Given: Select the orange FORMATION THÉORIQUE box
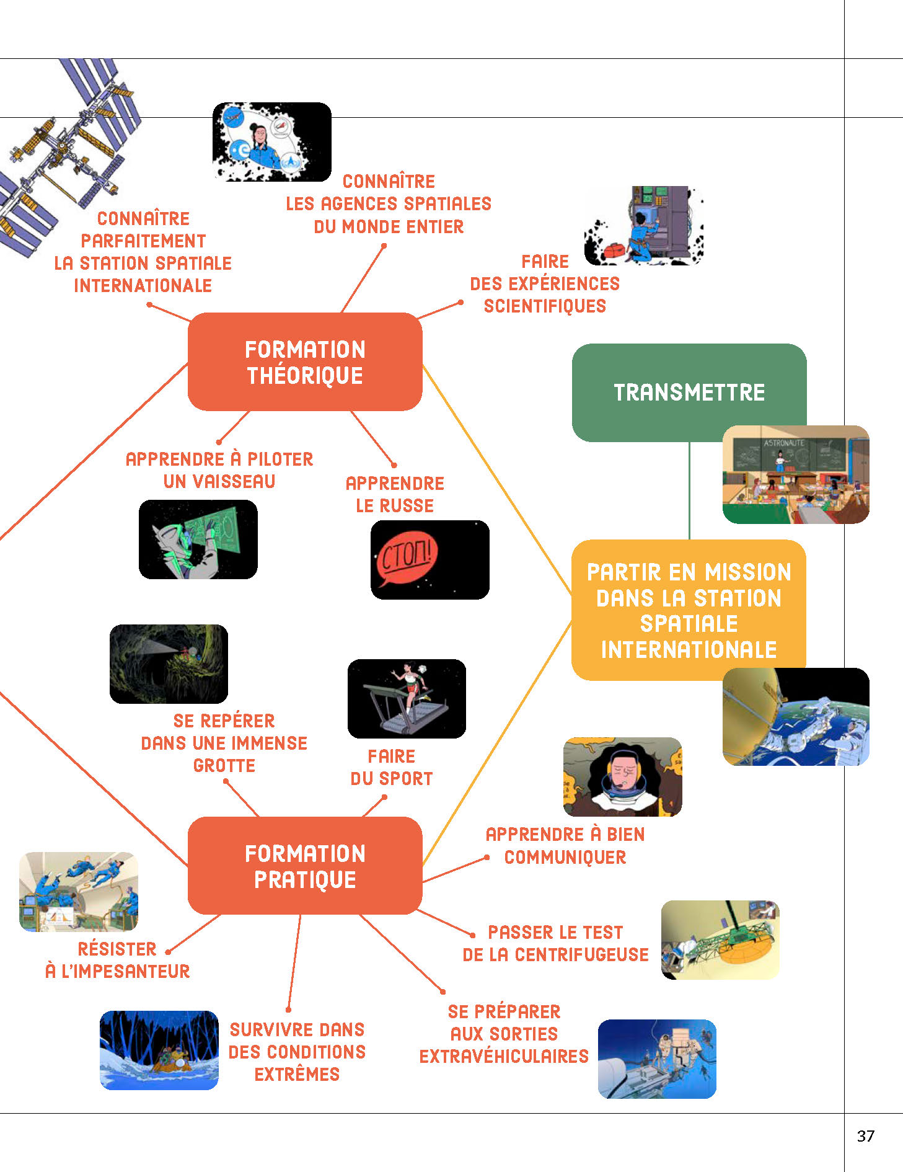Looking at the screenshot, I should point(305,362).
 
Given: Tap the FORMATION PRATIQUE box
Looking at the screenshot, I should point(305,866).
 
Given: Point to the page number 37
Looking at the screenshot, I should point(865,1136).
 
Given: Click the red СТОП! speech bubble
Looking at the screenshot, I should point(407,556).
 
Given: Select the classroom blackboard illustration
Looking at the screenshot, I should point(796,474).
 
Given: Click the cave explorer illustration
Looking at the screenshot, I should point(169,664).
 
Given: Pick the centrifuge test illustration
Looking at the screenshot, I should point(720,940).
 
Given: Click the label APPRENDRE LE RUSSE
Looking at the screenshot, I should point(395,494).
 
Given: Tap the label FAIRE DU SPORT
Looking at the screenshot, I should point(392,767).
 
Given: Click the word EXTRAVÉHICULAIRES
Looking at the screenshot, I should point(504,1056).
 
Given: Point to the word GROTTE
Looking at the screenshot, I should point(224,765).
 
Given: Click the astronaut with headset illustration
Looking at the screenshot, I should point(622,776).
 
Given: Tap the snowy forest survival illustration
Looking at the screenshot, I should point(159,1050).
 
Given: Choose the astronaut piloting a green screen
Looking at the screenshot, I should point(198,539).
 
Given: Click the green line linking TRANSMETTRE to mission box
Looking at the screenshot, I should point(689,490).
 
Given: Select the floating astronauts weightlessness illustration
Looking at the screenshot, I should point(79,891).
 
